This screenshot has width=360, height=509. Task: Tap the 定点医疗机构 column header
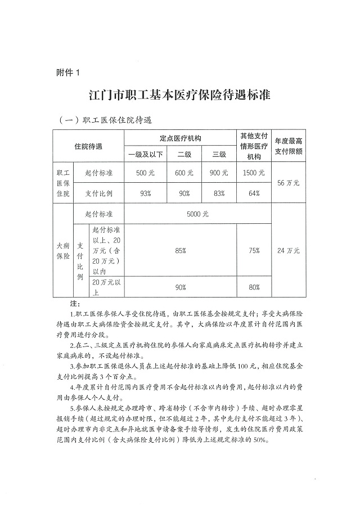click(181, 138)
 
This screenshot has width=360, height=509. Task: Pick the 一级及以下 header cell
click(146, 154)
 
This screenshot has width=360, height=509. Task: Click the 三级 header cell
click(219, 154)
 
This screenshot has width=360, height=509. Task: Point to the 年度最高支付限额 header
click(289, 146)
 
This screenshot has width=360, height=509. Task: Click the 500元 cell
click(146, 173)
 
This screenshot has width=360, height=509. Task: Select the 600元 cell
click(184, 173)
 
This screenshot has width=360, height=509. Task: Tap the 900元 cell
click(219, 173)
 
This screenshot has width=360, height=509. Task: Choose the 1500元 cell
click(254, 173)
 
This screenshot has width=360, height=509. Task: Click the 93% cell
click(146, 193)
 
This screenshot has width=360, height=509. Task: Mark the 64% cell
click(254, 193)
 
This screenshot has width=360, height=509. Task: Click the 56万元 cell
click(289, 183)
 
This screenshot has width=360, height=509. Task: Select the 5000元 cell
click(198, 214)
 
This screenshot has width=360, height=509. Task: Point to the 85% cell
click(181, 250)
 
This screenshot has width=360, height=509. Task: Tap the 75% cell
click(254, 250)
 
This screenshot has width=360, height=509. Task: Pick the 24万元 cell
click(289, 250)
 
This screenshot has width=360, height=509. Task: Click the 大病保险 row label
click(63, 250)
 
